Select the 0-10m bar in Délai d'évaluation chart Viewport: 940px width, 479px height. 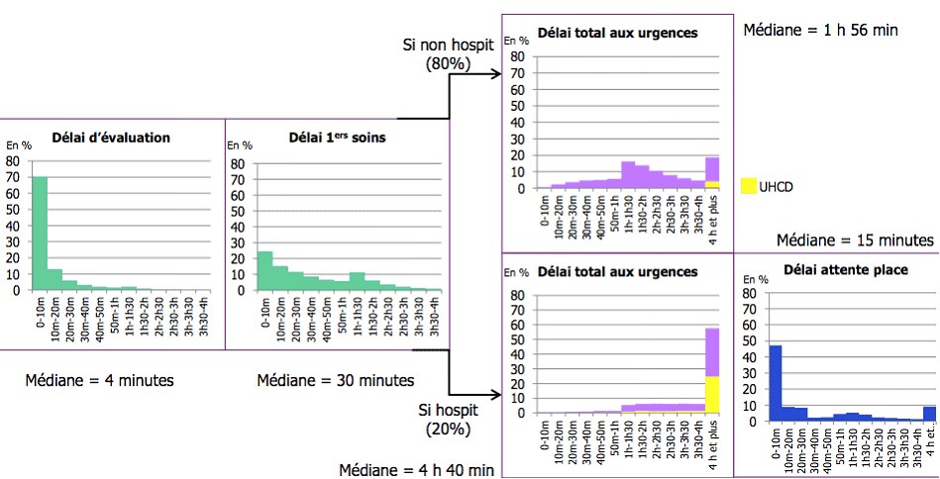[x=40, y=234]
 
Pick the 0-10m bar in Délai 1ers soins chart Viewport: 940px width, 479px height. [x=264, y=270]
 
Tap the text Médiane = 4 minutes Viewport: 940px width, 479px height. [x=86, y=380]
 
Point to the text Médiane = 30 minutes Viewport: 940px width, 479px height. [x=336, y=380]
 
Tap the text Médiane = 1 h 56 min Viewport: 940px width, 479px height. [x=820, y=30]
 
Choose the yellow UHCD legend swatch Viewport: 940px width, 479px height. [x=749, y=185]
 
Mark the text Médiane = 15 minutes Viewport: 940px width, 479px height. [x=854, y=239]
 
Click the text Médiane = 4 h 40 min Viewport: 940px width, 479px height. [x=417, y=469]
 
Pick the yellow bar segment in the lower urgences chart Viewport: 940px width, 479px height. [x=712, y=394]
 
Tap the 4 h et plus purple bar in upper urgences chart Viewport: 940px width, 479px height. [x=712, y=168]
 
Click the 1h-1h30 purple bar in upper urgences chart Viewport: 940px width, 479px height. [x=628, y=174]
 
